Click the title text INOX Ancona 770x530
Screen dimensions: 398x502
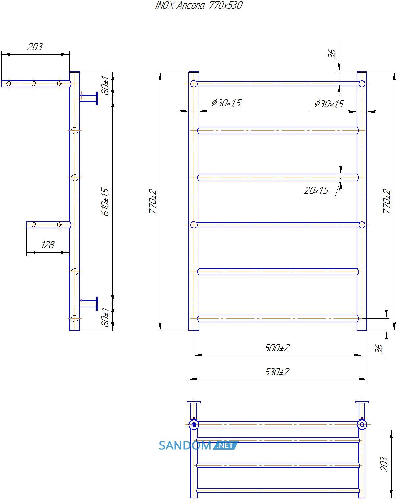199,5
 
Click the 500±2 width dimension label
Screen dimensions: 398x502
277,348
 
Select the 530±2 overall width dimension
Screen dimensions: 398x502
277,372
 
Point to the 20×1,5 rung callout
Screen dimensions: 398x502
316,190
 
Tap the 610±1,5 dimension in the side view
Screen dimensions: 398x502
105,202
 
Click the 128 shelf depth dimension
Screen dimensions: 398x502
48,245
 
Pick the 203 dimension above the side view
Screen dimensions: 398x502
35,47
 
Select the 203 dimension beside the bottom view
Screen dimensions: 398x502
384,464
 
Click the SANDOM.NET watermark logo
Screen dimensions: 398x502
199,445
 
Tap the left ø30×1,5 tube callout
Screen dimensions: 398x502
226,103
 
